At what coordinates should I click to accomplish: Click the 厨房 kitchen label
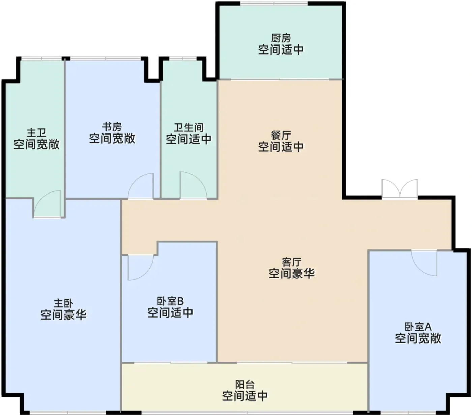pyautogui.click(x=281, y=38)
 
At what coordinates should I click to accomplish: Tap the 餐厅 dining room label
pyautogui.click(x=281, y=135)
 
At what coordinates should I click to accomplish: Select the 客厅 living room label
pyautogui.click(x=291, y=262)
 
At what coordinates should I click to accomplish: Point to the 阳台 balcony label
pyautogui.click(x=244, y=385)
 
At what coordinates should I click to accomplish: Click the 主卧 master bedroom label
pyautogui.click(x=63, y=303)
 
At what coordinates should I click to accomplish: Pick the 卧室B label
pyautogui.click(x=170, y=301)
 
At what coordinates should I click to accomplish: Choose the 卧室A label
pyautogui.click(x=418, y=327)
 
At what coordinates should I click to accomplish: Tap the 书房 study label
pyautogui.click(x=112, y=127)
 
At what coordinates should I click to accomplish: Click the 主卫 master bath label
pyautogui.click(x=36, y=133)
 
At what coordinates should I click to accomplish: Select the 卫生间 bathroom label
pyautogui.click(x=188, y=128)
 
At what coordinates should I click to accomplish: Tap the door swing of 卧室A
pyautogui.click(x=424, y=263)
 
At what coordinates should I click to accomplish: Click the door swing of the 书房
pyautogui.click(x=141, y=186)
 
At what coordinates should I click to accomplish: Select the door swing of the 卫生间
pyautogui.click(x=193, y=185)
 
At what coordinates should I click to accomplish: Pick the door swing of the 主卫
pyautogui.click(x=48, y=204)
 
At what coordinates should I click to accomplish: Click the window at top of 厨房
pyautogui.click(x=274, y=3)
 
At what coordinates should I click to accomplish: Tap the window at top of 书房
pyautogui.click(x=106, y=58)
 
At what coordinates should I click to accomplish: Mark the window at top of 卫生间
pyautogui.click(x=183, y=58)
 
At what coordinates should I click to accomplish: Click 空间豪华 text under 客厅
pyautogui.click(x=291, y=273)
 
